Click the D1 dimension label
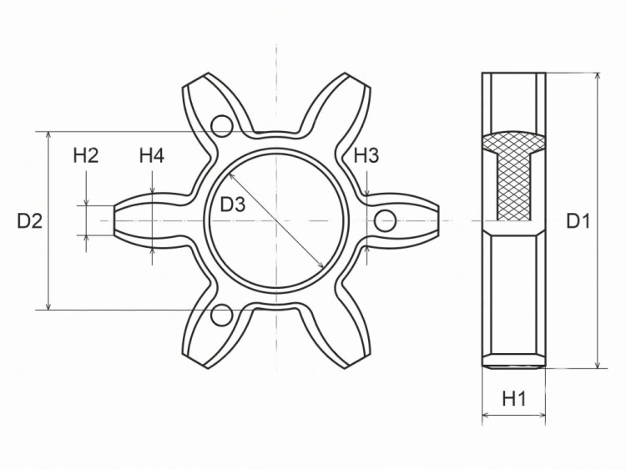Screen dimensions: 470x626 click(578, 220)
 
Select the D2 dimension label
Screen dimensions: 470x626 click(29, 220)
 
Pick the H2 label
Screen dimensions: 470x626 click(86, 155)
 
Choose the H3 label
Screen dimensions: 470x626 click(366, 155)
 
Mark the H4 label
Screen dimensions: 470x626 click(152, 155)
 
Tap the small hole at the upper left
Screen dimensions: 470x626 click(221, 126)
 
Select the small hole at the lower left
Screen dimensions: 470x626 click(221, 315)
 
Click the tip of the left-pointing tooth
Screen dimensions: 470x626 click(116, 220)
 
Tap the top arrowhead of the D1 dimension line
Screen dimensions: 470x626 click(596, 76)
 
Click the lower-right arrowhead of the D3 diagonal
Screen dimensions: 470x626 click(322, 266)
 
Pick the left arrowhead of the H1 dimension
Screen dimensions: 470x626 click(486, 414)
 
